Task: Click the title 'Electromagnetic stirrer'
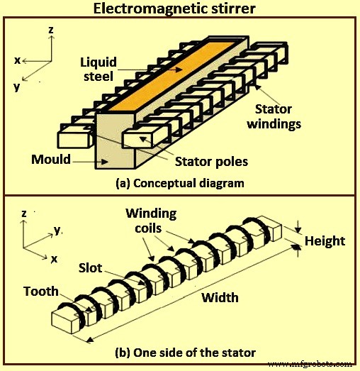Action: click(179, 9)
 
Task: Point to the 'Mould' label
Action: click(50, 159)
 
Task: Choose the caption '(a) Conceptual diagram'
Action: click(179, 183)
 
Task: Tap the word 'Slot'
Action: click(91, 269)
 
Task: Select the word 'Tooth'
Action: click(41, 292)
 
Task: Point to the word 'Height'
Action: click(325, 241)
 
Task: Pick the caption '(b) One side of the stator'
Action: click(186, 353)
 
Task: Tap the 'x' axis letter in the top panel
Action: click(16, 60)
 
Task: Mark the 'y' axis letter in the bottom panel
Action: click(57, 229)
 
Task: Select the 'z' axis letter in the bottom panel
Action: click(24, 212)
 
